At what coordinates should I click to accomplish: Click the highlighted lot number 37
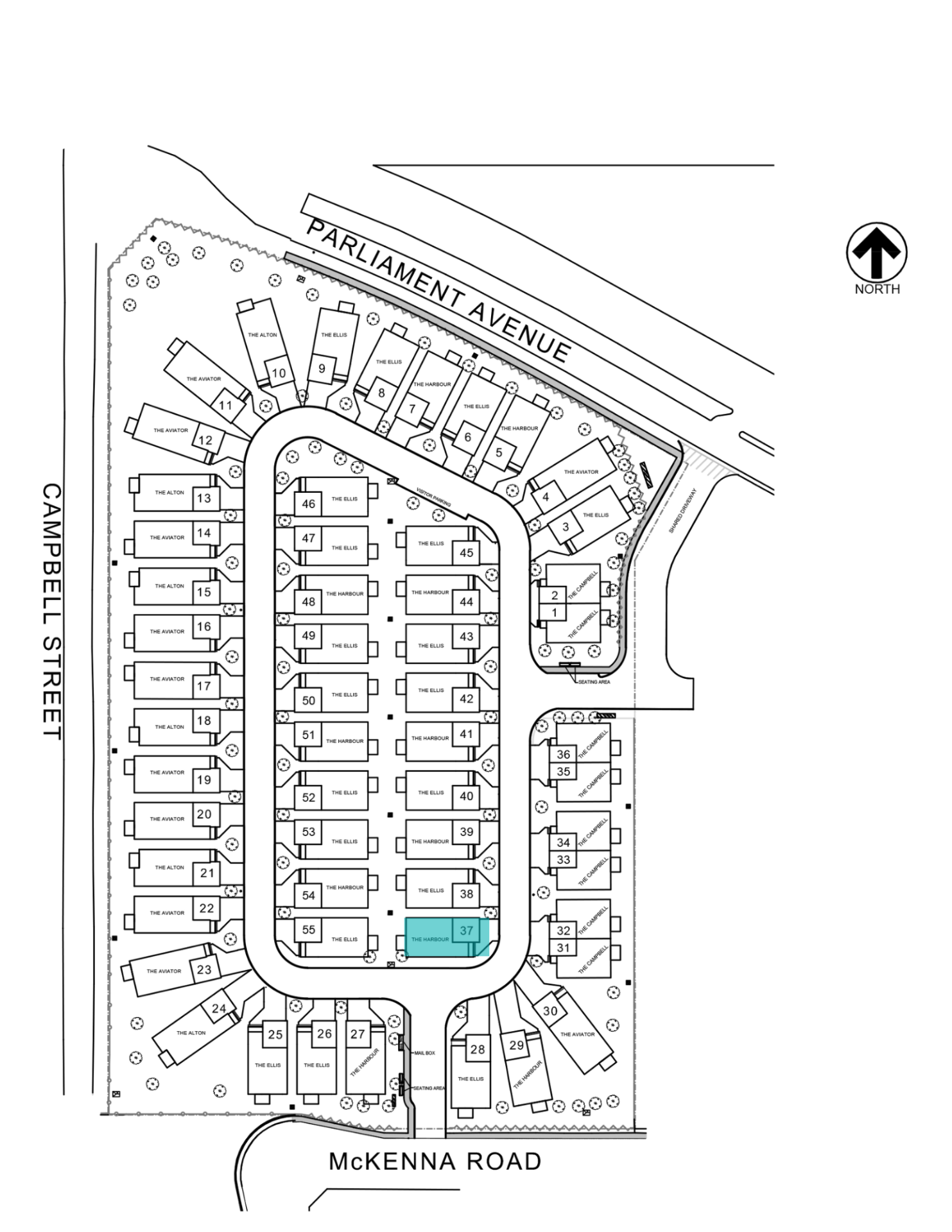click(466, 930)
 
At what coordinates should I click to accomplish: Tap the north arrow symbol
click(876, 252)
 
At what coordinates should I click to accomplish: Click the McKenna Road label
click(435, 1161)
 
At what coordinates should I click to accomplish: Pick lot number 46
click(309, 504)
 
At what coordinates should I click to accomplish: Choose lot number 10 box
click(279, 373)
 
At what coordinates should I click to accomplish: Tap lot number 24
click(219, 1008)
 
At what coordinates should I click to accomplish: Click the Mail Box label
click(425, 1053)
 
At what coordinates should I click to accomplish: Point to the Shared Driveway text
click(682, 511)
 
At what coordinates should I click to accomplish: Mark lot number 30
click(550, 1011)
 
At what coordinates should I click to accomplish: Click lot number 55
click(309, 929)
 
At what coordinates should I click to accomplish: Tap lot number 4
click(546, 497)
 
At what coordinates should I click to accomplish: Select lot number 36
click(563, 755)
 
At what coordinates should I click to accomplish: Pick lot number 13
click(204, 499)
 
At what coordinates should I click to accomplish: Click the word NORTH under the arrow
click(877, 289)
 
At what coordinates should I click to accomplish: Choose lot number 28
click(478, 1049)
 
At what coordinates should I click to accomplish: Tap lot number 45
click(467, 552)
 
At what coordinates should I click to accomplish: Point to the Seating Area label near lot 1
click(594, 681)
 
